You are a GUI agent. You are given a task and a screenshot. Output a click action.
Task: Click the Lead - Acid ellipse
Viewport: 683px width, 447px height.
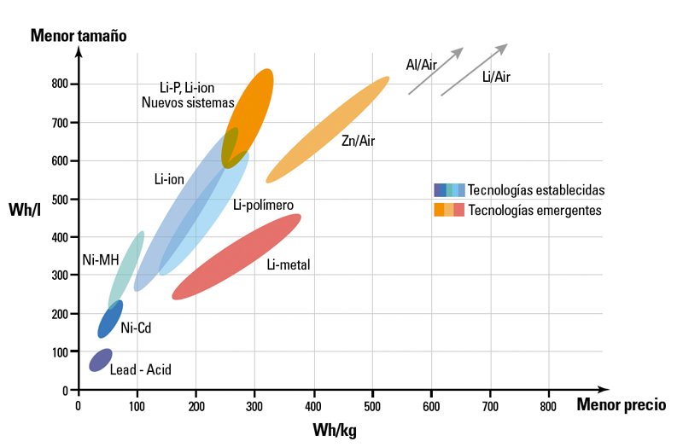(101, 360)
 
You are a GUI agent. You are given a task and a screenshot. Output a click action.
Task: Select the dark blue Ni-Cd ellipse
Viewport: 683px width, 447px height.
(110, 319)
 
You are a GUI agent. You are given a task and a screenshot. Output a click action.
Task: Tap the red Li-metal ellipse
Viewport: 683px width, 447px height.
(236, 257)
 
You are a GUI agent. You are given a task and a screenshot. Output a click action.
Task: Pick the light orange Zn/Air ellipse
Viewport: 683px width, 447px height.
(328, 130)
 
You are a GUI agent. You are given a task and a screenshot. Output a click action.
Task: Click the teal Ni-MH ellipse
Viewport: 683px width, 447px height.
(126, 270)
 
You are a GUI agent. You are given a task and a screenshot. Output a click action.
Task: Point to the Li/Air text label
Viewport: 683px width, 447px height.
(496, 77)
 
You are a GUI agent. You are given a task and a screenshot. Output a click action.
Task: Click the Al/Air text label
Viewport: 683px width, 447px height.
(421, 65)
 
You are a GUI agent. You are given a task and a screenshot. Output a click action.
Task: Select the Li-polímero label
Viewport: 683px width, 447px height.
(264, 205)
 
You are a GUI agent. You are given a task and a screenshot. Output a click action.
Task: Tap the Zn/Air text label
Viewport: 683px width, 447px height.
(358, 141)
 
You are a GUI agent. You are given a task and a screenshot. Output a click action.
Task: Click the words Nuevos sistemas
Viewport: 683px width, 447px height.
(188, 102)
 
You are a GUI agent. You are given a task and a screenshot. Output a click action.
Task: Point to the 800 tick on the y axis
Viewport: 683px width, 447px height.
(60, 84)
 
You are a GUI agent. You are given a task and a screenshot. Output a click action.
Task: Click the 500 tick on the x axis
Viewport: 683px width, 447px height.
(372, 406)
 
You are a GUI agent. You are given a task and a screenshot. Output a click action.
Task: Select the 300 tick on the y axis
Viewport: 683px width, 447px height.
(60, 275)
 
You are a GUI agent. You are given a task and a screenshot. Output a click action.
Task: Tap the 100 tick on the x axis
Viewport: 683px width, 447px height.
(137, 406)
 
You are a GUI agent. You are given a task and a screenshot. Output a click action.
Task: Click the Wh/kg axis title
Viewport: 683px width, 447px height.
(335, 430)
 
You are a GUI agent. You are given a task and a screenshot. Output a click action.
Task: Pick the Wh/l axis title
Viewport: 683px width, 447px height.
(25, 210)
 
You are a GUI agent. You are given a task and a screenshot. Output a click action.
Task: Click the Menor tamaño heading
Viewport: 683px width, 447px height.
(79, 35)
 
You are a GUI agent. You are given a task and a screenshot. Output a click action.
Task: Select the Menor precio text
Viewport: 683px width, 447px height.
(622, 404)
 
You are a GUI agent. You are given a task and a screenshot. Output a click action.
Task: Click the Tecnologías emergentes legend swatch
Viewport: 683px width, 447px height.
(449, 210)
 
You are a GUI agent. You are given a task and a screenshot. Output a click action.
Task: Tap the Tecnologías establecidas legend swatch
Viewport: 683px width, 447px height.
(449, 190)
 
